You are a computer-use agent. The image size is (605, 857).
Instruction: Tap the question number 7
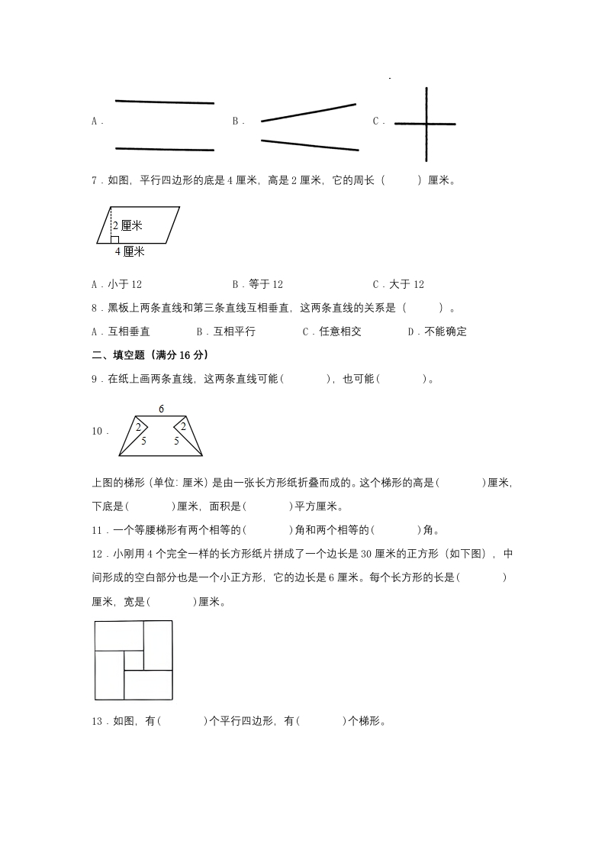coord(95,181)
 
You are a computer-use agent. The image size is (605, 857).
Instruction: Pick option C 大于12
coord(398,285)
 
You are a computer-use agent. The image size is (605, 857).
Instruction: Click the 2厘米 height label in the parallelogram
coord(127,225)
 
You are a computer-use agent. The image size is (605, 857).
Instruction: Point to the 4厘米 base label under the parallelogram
coord(130,251)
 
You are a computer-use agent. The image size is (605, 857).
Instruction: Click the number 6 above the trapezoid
coord(161,409)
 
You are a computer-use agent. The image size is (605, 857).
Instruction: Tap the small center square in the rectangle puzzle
coord(134,661)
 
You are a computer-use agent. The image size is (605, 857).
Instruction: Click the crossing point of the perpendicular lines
coord(426,124)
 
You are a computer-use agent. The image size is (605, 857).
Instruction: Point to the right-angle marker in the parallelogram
coord(114,239)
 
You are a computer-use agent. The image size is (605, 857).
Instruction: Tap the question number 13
coord(97,720)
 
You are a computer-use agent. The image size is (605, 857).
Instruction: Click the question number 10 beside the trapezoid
coord(98,432)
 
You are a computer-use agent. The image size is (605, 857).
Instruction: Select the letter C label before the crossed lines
coord(377,121)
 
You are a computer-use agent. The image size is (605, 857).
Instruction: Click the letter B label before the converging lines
coord(237,121)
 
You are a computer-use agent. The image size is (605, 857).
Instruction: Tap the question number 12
coord(97,555)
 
